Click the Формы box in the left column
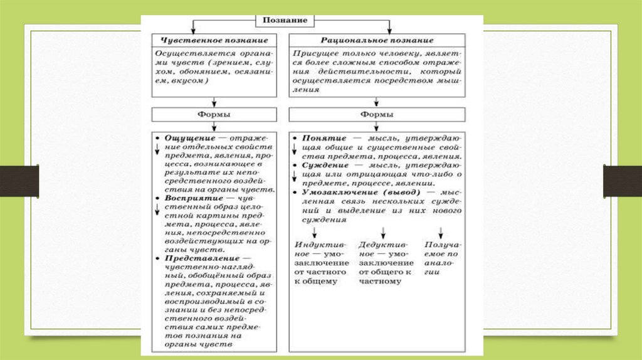tap(214, 115)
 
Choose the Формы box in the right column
tap(377, 115)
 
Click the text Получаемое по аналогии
tap(441, 255)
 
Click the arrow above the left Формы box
tap(214, 101)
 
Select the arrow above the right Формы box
tap(376, 101)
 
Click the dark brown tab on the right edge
tap(622, 181)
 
